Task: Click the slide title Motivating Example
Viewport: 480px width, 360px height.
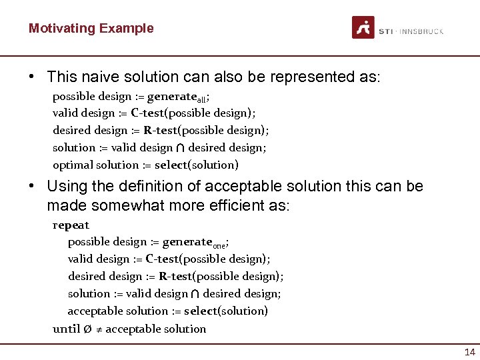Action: (x=91, y=28)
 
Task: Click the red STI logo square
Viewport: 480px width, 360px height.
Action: (x=363, y=27)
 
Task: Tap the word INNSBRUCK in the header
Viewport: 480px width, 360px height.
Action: (x=421, y=31)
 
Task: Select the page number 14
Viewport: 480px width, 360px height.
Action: (x=470, y=353)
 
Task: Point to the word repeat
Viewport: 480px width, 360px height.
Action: (x=71, y=225)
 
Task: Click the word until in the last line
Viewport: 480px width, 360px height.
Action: (x=67, y=329)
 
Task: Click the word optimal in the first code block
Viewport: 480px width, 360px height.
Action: (x=73, y=165)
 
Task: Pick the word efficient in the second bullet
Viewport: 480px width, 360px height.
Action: (x=235, y=205)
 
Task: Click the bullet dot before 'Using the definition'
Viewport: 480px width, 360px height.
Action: (x=32, y=186)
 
